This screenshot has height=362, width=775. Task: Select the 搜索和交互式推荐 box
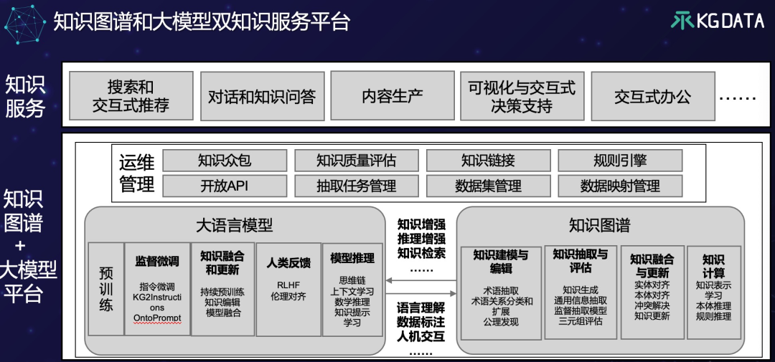pyautogui.click(x=131, y=96)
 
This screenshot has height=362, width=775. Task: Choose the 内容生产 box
pyautogui.click(x=392, y=96)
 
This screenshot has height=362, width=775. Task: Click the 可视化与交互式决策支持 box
pyautogui.click(x=522, y=96)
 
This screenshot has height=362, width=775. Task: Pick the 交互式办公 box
pyautogui.click(x=652, y=96)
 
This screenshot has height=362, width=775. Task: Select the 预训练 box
pyautogui.click(x=105, y=289)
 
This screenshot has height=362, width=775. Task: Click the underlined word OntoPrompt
pyautogui.click(x=157, y=318)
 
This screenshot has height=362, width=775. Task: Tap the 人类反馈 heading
pyautogui.click(x=288, y=262)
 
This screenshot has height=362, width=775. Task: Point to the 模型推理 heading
pyautogui.click(x=352, y=257)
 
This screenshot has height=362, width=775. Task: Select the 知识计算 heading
pyautogui.click(x=713, y=266)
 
